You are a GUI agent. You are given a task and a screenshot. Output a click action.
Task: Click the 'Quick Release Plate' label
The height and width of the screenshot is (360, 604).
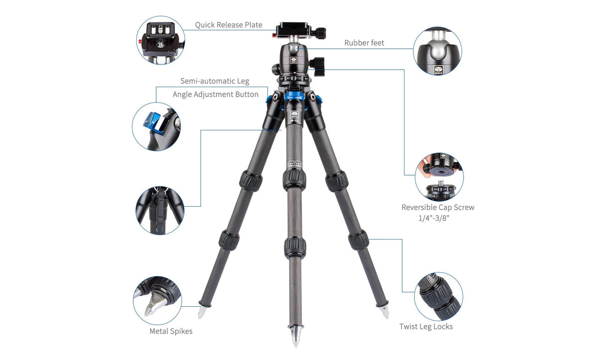pyautogui.click(x=228, y=25)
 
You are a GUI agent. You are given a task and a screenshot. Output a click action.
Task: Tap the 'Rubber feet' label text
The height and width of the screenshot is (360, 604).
pyautogui.click(x=364, y=43)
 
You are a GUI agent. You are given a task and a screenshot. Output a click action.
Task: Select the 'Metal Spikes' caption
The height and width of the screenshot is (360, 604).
pyautogui.click(x=171, y=331)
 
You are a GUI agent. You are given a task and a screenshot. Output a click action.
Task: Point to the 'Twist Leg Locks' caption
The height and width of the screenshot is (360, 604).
pyautogui.click(x=426, y=327)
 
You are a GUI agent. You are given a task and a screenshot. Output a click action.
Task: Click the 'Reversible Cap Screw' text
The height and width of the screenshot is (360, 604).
pyautogui.click(x=438, y=207)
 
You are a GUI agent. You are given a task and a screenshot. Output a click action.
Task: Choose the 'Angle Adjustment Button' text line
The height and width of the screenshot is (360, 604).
pyautogui.click(x=215, y=94)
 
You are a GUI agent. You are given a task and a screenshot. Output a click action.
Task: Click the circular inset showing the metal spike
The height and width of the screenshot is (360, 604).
pyautogui.click(x=157, y=300)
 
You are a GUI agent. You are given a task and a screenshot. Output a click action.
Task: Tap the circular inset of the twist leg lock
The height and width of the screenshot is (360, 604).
pyautogui.click(x=438, y=296)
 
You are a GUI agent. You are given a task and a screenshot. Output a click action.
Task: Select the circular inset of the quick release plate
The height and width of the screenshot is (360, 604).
pyautogui.click(x=160, y=40)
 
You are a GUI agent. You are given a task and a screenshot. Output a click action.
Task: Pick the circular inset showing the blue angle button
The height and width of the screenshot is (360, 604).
pyautogui.click(x=156, y=126)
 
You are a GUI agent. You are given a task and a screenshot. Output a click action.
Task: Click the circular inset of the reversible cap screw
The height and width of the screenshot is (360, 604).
pyautogui.click(x=439, y=177)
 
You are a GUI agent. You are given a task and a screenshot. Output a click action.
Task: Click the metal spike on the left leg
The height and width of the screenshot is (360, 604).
pyautogui.click(x=201, y=312)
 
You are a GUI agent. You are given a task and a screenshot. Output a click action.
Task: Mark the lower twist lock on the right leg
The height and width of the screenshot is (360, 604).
pyautogui.click(x=358, y=240)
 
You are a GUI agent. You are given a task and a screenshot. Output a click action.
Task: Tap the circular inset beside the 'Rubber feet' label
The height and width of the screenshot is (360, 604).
pyautogui.click(x=437, y=51)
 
